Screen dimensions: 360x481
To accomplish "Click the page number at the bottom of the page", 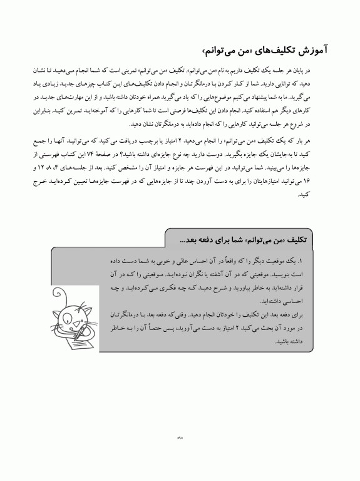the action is coord(180,438).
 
